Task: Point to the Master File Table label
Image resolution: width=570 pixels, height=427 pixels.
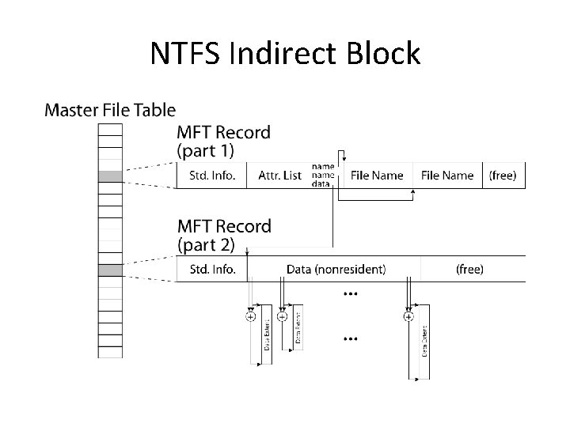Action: pyautogui.click(x=110, y=110)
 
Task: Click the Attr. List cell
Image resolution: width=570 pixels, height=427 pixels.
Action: pyautogui.click(x=279, y=176)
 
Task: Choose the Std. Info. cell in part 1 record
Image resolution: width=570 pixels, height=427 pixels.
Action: pyautogui.click(x=212, y=176)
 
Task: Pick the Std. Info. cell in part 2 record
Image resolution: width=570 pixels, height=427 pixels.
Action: pyautogui.click(x=212, y=270)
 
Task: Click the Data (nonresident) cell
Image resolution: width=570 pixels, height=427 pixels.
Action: pyautogui.click(x=336, y=270)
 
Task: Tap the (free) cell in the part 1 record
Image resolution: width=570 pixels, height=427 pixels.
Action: pyautogui.click(x=503, y=176)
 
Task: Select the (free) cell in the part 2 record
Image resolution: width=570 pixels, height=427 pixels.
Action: pyautogui.click(x=469, y=270)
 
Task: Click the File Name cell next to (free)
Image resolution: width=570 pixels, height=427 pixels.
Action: pyautogui.click(x=447, y=176)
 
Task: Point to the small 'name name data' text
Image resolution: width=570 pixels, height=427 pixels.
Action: pyautogui.click(x=322, y=175)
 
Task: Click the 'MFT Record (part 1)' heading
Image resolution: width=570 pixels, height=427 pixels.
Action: pyautogui.click(x=222, y=141)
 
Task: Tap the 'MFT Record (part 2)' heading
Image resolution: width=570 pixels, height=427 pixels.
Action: pyautogui.click(x=222, y=235)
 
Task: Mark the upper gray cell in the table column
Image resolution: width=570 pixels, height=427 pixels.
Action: pyautogui.click(x=110, y=176)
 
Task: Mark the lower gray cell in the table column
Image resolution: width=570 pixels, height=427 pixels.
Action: pyautogui.click(x=110, y=270)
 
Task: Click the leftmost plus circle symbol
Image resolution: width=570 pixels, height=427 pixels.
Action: pyautogui.click(x=251, y=316)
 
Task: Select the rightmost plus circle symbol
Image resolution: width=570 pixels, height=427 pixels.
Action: pyautogui.click(x=408, y=316)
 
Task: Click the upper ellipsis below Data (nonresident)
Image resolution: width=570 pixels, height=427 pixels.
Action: pyautogui.click(x=350, y=293)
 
